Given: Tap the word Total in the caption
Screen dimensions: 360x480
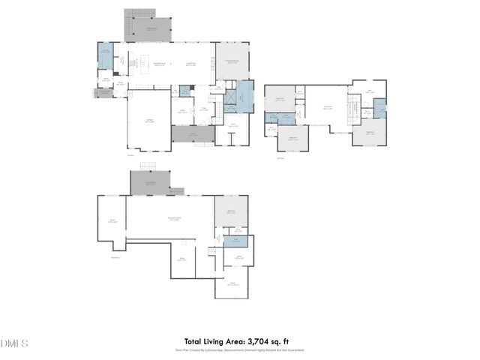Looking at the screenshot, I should pos(196,340).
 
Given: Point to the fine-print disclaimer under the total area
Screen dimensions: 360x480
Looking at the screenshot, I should pos(240,349).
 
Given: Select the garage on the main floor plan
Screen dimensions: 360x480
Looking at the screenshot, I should pos(149,120).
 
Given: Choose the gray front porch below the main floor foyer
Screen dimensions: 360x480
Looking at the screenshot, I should pos(192,135).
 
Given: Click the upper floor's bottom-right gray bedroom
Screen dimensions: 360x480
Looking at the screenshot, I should pos(370,133).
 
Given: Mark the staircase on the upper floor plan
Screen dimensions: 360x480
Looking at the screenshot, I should pos(349,109).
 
